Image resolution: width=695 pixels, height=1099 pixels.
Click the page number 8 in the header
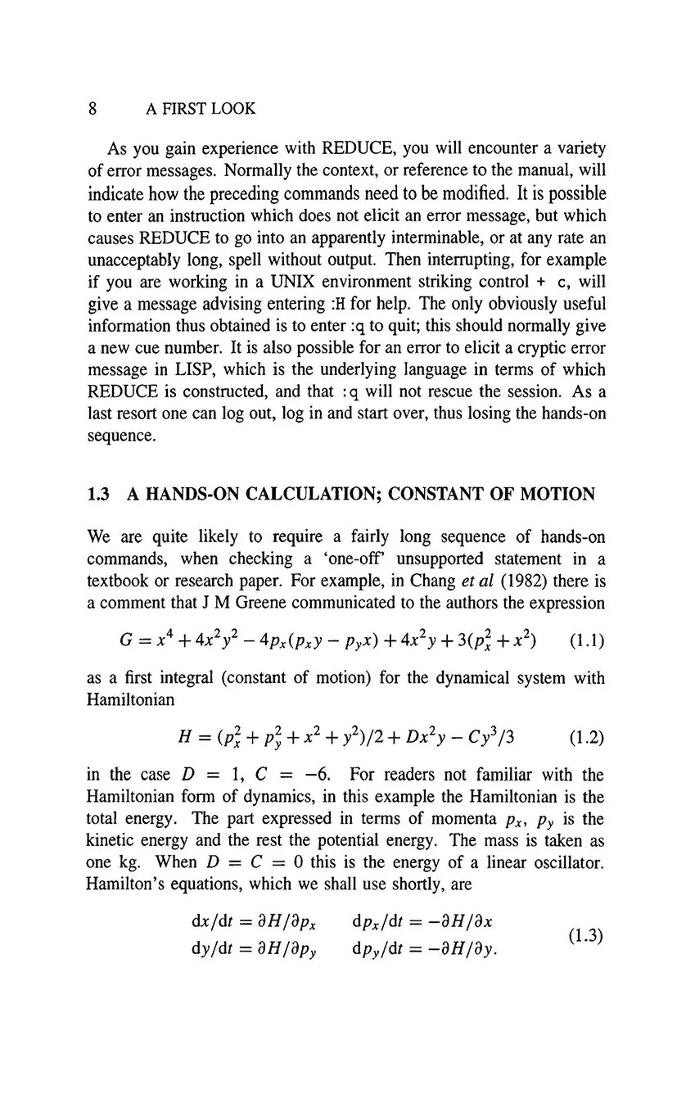(93, 108)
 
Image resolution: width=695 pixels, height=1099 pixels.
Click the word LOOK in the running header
(234, 108)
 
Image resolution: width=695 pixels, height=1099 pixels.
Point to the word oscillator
(570, 863)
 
